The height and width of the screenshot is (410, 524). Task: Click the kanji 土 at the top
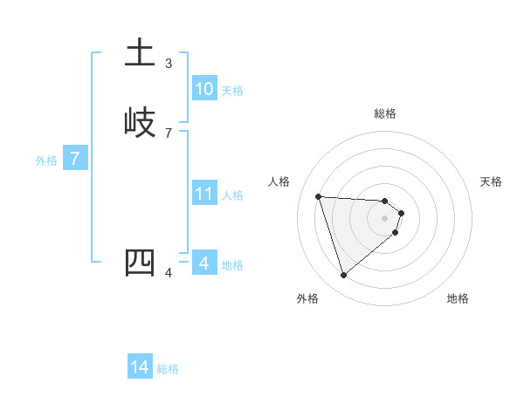140,53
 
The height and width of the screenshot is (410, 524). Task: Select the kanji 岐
140,122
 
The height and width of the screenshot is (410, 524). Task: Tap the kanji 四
140,263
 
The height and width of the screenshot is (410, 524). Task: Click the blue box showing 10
204,89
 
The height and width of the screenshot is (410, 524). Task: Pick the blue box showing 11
204,194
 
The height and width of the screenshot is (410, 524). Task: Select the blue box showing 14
140,368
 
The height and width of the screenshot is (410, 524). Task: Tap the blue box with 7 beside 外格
75,159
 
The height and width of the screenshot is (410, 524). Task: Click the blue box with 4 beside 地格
204,263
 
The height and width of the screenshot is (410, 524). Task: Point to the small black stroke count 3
169,64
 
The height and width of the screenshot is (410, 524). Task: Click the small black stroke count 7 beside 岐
169,133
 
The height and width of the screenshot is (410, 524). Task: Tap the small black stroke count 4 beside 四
169,273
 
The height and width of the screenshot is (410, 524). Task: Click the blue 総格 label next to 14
168,369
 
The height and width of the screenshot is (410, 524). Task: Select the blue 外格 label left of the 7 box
46,161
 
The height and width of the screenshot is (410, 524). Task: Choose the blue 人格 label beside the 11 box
233,195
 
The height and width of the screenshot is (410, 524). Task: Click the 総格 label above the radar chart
385,113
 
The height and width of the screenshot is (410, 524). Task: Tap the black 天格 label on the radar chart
492,181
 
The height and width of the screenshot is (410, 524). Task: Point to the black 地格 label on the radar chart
458,298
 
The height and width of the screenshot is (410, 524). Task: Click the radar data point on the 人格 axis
319,196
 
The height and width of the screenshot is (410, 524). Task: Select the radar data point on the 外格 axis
343,276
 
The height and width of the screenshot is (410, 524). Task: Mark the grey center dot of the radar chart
385,218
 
